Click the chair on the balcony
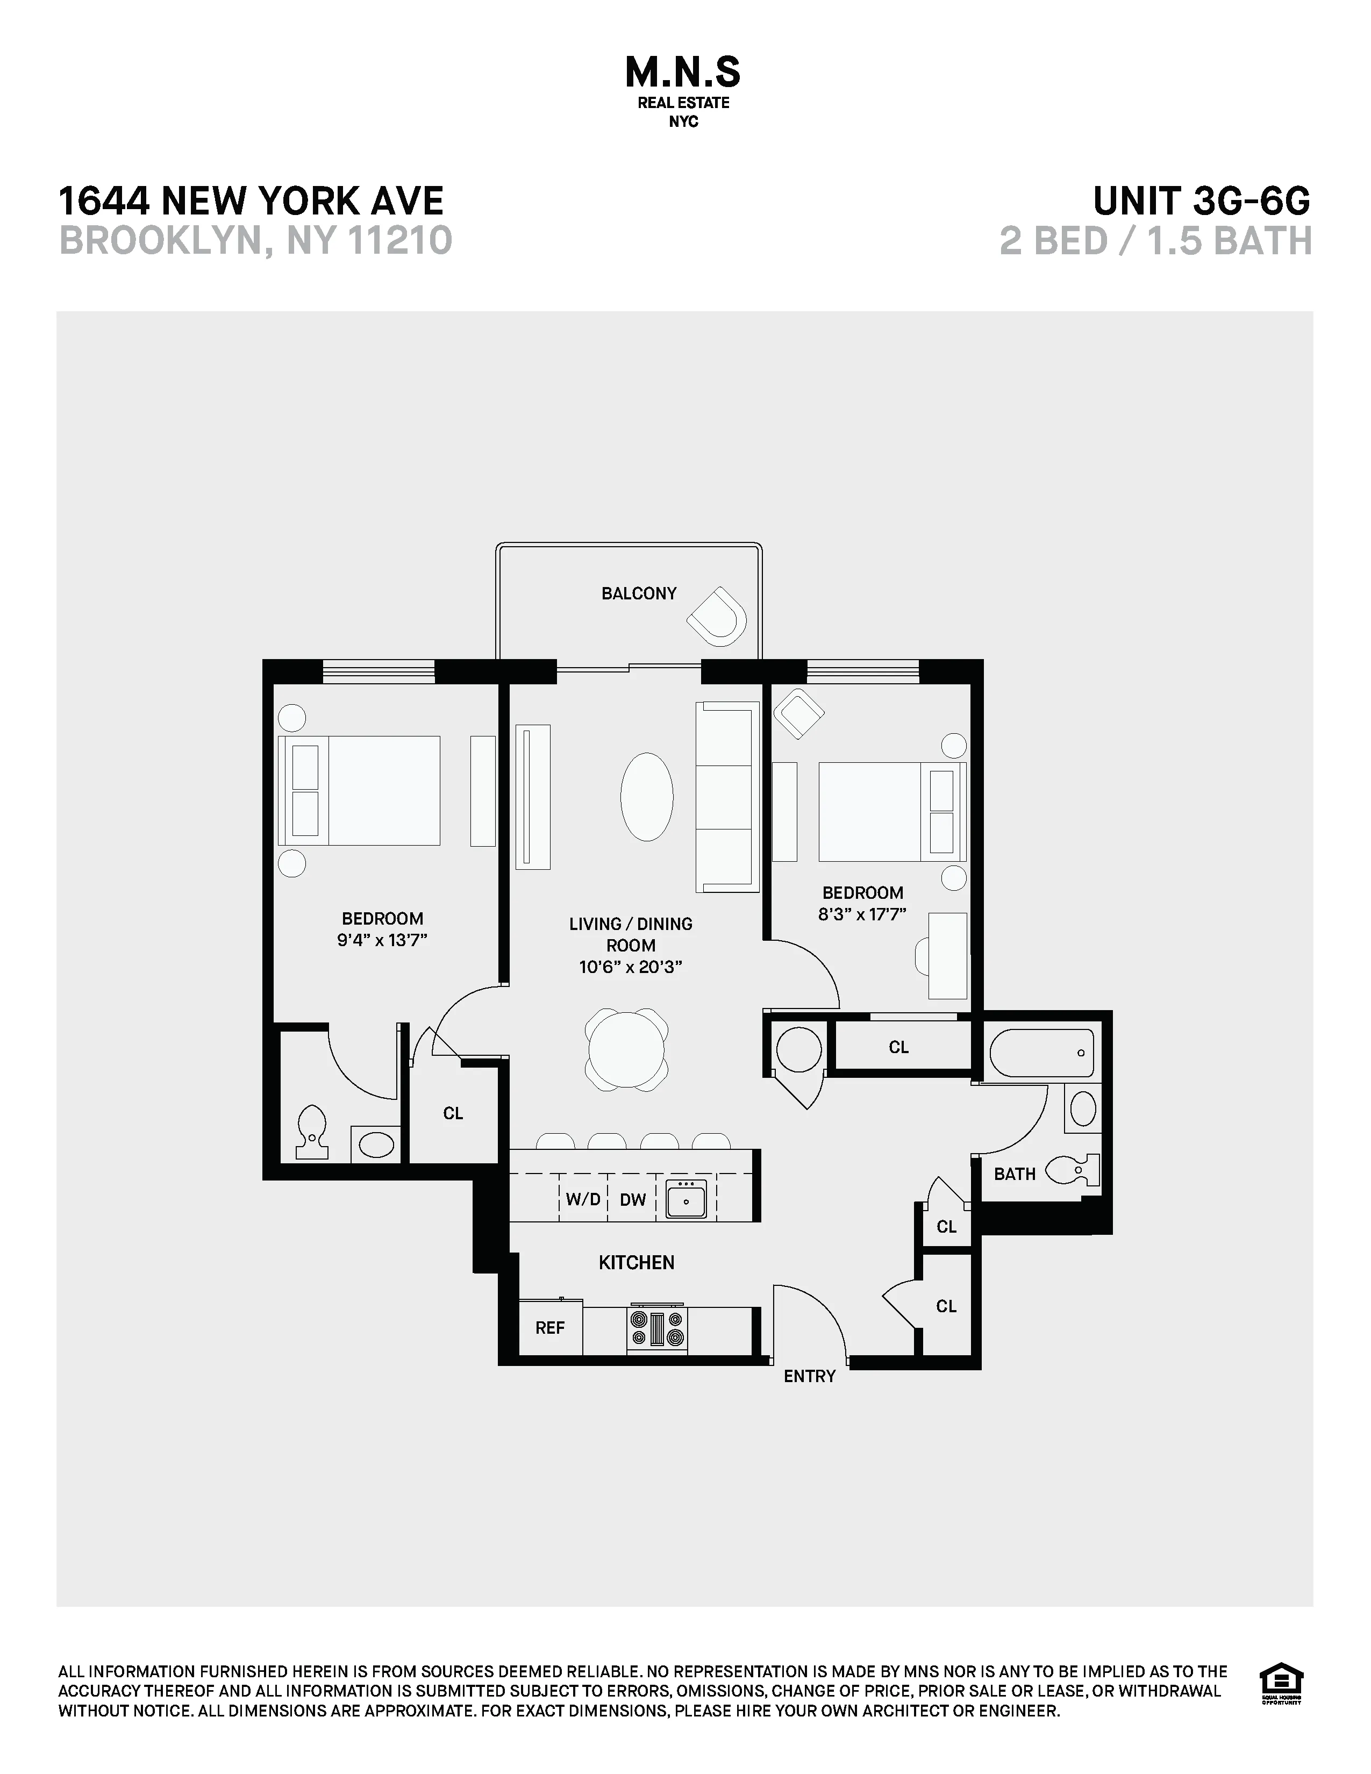click(x=717, y=617)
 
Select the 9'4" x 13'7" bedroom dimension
click(x=382, y=941)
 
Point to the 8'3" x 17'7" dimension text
click(x=862, y=914)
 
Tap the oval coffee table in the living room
click(x=646, y=796)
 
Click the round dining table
click(x=626, y=1049)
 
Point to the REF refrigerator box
click(x=550, y=1328)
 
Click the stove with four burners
click(x=657, y=1329)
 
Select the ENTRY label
click(x=809, y=1376)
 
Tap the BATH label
click(x=1015, y=1174)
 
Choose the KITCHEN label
click(x=636, y=1262)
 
